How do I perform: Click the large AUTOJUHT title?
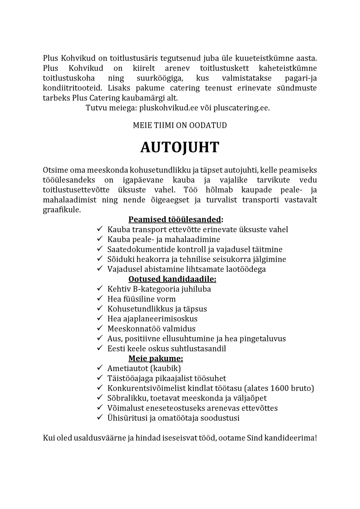click(x=180, y=148)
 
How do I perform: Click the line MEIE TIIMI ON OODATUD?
click(x=180, y=125)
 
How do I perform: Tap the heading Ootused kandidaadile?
click(x=172, y=279)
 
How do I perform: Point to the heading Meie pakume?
click(x=156, y=358)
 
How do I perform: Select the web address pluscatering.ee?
click(x=241, y=108)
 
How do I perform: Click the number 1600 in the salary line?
click(x=280, y=388)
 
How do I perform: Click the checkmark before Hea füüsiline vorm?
click(x=100, y=299)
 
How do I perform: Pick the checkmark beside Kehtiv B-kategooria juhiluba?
click(x=100, y=289)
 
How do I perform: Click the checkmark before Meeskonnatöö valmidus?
click(x=100, y=328)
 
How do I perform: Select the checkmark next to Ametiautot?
click(x=100, y=368)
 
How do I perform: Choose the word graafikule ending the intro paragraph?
click(x=62, y=210)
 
